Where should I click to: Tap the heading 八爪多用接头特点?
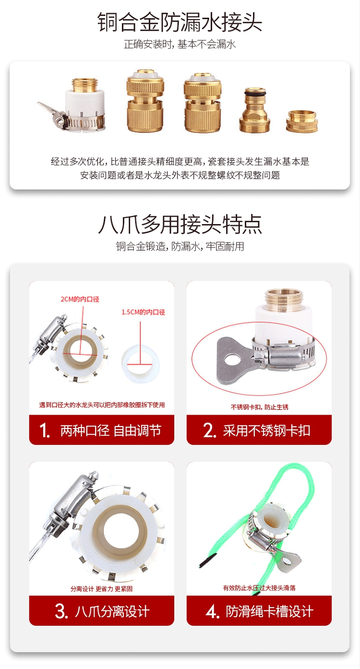click(x=180, y=224)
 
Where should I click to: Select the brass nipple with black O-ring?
click(x=254, y=110)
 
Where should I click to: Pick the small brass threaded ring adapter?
click(x=301, y=121)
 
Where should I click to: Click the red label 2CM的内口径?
click(x=80, y=299)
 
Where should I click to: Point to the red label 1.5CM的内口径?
click(x=143, y=312)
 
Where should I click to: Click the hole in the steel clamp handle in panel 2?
click(x=234, y=359)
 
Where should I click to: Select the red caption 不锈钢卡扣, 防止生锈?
click(x=259, y=407)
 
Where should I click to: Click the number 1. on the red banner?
click(x=45, y=430)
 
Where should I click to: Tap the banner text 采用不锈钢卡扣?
click(x=266, y=430)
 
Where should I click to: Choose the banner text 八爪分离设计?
click(x=112, y=611)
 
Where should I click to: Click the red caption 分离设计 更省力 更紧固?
click(x=102, y=589)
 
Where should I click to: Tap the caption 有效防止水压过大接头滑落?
click(x=259, y=588)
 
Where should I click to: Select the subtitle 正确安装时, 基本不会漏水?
click(x=180, y=45)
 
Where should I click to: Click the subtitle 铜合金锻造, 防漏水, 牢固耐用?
click(x=180, y=246)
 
